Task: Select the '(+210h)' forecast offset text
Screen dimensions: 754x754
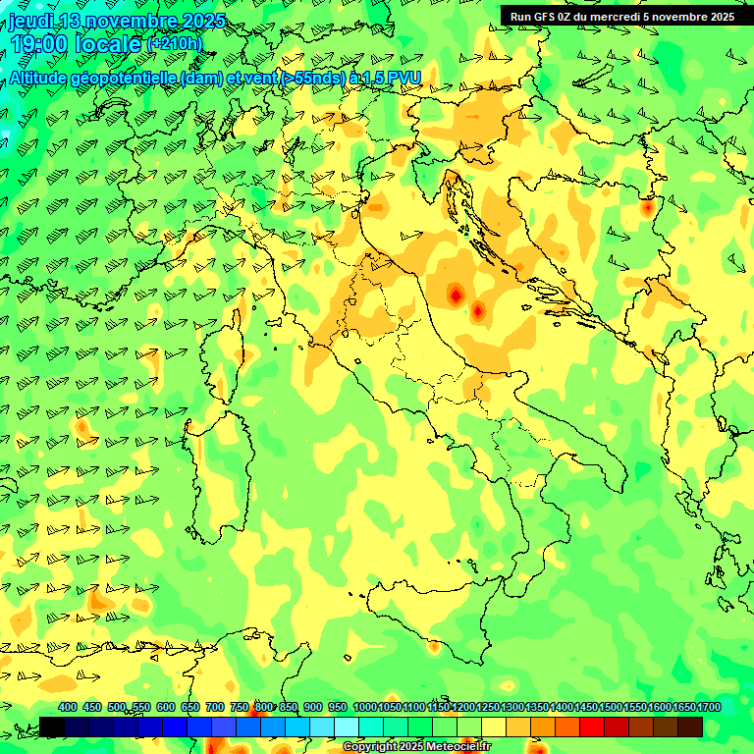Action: (x=175, y=43)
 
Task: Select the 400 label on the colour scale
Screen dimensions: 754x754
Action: (x=68, y=707)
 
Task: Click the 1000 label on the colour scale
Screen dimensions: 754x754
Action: (x=364, y=707)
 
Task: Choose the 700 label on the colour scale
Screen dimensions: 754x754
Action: (x=214, y=707)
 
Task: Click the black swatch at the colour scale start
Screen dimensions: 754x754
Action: (x=52, y=727)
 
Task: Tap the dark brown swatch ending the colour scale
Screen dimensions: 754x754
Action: (x=690, y=727)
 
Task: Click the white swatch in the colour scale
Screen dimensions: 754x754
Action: (x=347, y=727)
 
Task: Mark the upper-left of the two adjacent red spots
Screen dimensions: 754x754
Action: (x=456, y=294)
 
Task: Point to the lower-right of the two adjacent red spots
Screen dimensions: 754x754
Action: (x=478, y=311)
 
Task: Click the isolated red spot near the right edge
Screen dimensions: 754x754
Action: (x=647, y=207)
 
